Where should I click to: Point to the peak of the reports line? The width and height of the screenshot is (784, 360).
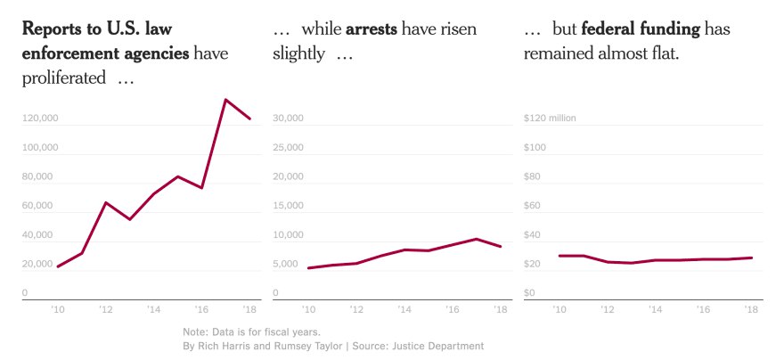tap(225, 100)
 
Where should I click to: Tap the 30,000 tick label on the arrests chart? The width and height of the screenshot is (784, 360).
tap(288, 118)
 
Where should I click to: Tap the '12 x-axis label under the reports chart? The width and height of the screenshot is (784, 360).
tap(105, 310)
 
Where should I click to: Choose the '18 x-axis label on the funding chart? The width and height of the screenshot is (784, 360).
tap(750, 310)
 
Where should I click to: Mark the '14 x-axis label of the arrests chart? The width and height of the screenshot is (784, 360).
tap(404, 310)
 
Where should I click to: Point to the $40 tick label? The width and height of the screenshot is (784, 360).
tap(534, 235)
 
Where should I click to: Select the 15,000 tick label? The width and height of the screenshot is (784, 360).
tap(288, 206)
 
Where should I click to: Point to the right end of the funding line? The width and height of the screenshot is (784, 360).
tap(752, 258)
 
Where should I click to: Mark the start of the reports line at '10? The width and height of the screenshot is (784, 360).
tap(58, 266)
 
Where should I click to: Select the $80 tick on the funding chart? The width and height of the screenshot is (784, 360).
tap(534, 176)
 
